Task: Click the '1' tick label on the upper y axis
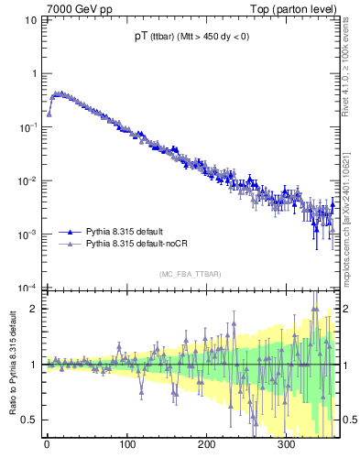(35, 73)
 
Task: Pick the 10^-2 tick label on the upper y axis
(29, 180)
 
